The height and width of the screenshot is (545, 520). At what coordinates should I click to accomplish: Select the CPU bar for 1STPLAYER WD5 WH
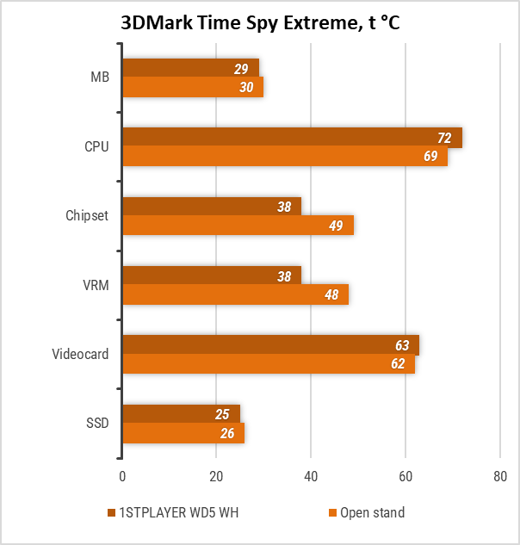pos(292,138)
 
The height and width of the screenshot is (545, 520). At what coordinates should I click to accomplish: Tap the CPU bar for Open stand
pos(284,157)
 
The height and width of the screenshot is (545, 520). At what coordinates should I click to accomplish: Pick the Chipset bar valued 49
pos(238,226)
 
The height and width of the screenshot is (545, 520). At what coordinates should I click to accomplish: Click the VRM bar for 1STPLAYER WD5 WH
pos(211,276)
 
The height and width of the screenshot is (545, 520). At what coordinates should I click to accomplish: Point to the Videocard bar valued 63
pos(270,345)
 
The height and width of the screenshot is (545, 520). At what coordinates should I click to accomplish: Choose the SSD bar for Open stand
pos(183,433)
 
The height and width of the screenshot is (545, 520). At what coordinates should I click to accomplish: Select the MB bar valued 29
pos(190,68)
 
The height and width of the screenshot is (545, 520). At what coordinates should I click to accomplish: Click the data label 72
pos(445,138)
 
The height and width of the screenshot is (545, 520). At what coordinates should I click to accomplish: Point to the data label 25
pos(222,415)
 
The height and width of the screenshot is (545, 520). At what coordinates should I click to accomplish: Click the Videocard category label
pos(80,354)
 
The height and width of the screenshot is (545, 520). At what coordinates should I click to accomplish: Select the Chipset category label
pos(87,215)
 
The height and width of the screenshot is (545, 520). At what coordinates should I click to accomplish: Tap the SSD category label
pos(97,423)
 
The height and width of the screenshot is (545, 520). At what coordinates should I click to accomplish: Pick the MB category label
pos(100,77)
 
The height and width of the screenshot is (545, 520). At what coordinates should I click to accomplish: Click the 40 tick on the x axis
pos(311,476)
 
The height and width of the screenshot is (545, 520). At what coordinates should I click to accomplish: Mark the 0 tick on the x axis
pos(122,476)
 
